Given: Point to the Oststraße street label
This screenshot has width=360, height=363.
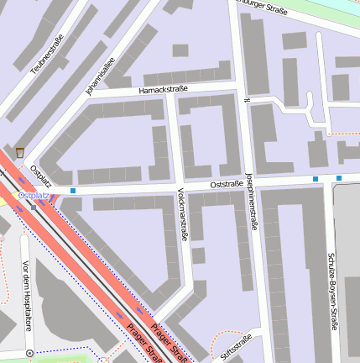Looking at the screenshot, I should [x=227, y=183].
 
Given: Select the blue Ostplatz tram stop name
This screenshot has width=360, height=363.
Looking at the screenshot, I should [x=34, y=196].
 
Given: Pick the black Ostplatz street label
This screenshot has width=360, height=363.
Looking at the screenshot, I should [x=40, y=176].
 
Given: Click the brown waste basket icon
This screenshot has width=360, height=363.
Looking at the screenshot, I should [x=19, y=153].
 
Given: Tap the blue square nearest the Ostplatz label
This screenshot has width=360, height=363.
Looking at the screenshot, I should [x=74, y=191].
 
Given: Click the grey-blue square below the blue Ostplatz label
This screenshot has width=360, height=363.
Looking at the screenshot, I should [x=34, y=207].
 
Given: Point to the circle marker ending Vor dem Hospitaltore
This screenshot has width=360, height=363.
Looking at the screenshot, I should [x=30, y=353].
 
